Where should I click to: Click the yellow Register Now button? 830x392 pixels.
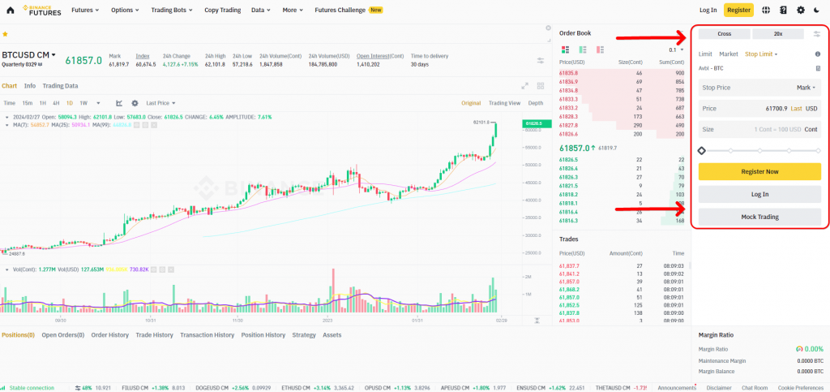tap(759, 171)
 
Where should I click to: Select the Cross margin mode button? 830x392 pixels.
tap(724, 33)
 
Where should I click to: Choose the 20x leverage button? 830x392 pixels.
tap(777, 33)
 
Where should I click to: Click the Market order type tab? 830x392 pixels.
tap(729, 54)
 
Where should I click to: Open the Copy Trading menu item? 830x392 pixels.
tap(222, 10)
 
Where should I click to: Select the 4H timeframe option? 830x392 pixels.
tap(56, 103)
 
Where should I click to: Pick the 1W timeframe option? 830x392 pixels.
tap(83, 103)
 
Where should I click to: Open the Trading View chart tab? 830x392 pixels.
tap(504, 103)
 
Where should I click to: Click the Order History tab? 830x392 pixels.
tap(109, 334)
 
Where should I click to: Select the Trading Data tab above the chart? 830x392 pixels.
tap(60, 85)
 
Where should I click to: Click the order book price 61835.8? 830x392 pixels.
tap(568, 73)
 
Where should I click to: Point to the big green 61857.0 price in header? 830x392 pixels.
tap(83, 60)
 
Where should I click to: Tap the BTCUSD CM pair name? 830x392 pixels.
tap(26, 55)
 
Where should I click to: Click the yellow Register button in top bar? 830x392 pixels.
tap(738, 10)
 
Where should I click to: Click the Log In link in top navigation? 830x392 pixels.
tap(708, 10)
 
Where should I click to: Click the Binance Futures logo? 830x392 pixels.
tap(40, 10)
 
